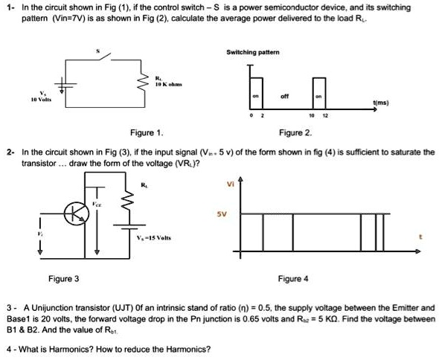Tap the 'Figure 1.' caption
pos(147,132)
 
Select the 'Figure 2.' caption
pos(295,132)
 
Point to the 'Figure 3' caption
pos(64,279)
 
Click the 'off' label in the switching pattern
pos(285,95)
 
